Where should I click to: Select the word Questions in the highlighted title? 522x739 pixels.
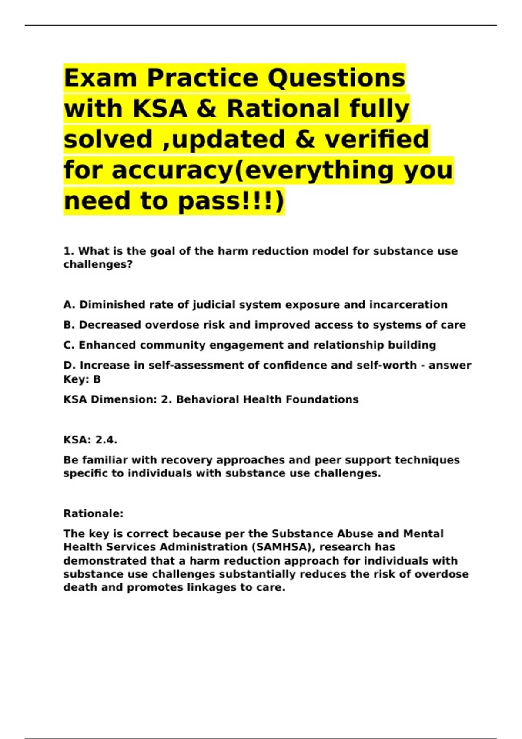click(x=336, y=78)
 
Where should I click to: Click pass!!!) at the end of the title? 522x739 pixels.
click(x=231, y=201)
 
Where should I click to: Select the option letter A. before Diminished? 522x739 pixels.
click(x=70, y=305)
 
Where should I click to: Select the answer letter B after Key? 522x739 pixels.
click(x=97, y=379)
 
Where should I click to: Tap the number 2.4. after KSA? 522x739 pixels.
click(x=106, y=440)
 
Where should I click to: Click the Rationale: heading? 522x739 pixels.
click(x=94, y=513)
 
